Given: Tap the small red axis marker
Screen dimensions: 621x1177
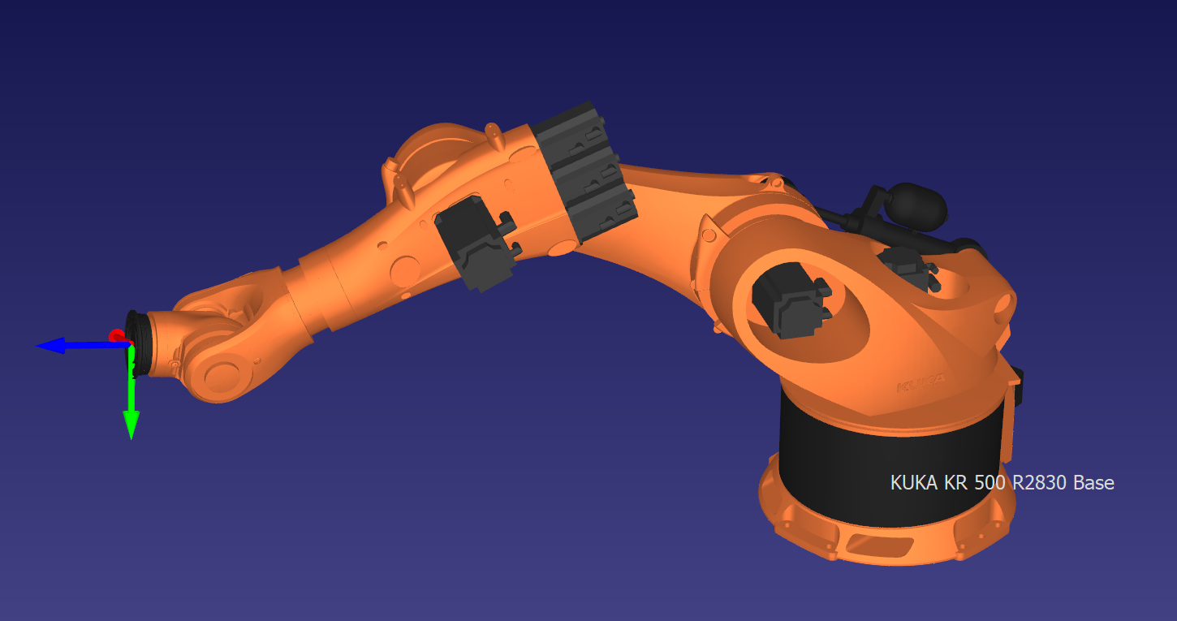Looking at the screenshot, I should point(117,334).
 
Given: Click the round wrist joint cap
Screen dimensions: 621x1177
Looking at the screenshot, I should point(222,375).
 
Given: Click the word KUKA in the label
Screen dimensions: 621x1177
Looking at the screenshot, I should point(915,483).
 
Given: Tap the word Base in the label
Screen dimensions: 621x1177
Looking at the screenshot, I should point(1093,483).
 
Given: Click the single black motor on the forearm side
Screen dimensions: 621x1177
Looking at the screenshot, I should point(476,243).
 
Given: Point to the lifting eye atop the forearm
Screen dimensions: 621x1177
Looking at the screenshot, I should point(491,132).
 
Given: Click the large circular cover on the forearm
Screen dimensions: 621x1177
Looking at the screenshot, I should point(403,270).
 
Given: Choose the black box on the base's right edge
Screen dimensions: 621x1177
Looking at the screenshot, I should point(1018,386).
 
